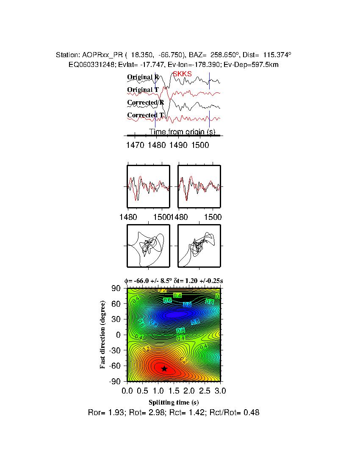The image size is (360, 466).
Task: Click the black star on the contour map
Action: pos(164,369)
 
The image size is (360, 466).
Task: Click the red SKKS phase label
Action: pos(182,74)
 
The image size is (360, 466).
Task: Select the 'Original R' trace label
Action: pos(143,77)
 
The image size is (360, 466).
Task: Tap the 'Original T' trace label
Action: pos(143,90)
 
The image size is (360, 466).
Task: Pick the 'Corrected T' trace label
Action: pos(145,115)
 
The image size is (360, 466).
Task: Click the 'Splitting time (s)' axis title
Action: pos(174,402)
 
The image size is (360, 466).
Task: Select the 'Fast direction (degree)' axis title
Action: pos(103,335)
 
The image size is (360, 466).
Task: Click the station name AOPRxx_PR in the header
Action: pos(99,55)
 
